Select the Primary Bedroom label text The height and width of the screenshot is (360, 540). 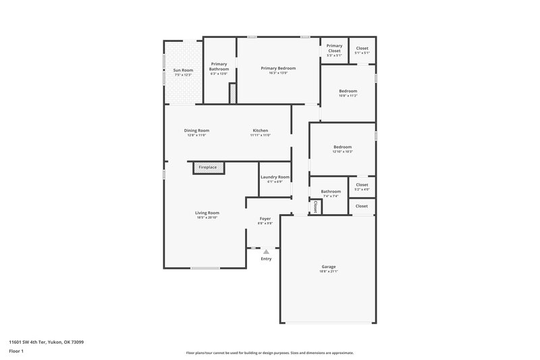278,68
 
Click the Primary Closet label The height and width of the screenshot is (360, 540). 334,49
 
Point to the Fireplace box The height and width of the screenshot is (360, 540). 208,167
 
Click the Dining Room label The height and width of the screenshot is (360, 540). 196,130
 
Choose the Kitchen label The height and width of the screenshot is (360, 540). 261,130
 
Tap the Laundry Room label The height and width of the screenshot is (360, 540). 275,177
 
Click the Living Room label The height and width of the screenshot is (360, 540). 207,213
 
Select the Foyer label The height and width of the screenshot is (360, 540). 265,219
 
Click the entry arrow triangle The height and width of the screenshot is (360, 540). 266,251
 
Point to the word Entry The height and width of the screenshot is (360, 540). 266,259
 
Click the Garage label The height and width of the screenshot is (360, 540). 328,267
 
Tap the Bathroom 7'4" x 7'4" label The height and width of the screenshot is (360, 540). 331,192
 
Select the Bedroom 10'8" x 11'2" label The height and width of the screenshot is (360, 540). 348,91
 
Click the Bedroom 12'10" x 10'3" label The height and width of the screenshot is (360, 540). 342,147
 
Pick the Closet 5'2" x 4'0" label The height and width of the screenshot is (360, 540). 362,185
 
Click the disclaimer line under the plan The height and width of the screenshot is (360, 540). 269,353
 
